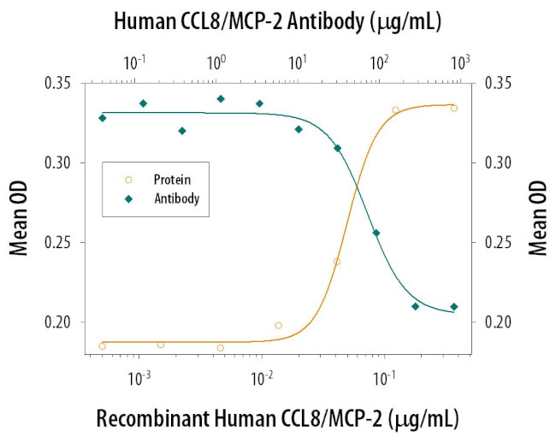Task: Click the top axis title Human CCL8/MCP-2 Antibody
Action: (x=277, y=21)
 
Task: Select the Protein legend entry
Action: (x=171, y=180)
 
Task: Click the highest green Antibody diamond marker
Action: (x=221, y=99)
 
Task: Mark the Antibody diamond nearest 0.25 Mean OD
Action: (x=376, y=233)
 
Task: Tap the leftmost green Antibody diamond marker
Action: (x=103, y=118)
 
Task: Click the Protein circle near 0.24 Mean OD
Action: (x=337, y=262)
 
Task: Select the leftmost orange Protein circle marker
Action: (x=103, y=345)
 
